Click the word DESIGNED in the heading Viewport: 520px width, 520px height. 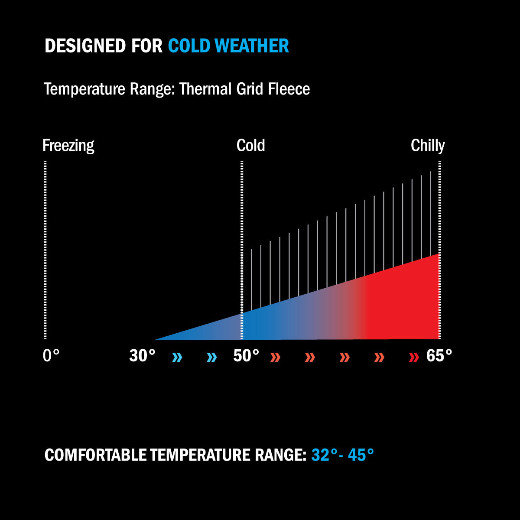[x=85, y=45]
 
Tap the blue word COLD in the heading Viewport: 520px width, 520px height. [x=189, y=45]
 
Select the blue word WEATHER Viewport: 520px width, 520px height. [x=252, y=45]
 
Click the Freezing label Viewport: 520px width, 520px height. [x=68, y=146]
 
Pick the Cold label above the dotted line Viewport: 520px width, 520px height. [x=251, y=146]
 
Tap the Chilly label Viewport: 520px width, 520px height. [x=428, y=146]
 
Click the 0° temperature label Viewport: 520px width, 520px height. [x=51, y=355]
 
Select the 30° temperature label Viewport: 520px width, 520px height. [x=142, y=355]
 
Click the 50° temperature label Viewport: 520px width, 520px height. [x=246, y=355]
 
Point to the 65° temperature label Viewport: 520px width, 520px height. [x=439, y=355]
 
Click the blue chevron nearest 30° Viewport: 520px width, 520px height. [x=177, y=357]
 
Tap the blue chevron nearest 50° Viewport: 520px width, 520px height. [x=212, y=357]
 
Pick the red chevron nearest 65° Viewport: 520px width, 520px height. [x=414, y=357]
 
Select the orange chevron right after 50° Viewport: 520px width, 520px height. [x=276, y=357]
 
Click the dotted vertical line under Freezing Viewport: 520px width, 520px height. [x=45, y=250]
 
